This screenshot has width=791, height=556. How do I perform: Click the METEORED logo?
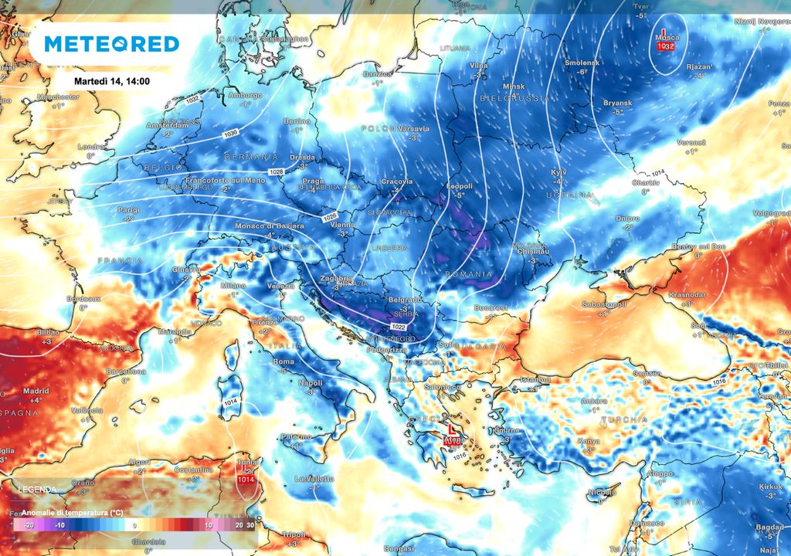tap(112, 44)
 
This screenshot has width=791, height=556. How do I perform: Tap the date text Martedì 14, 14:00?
tap(112, 80)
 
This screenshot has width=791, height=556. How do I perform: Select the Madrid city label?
tap(36, 390)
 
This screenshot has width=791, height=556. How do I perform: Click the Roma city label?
tap(283, 361)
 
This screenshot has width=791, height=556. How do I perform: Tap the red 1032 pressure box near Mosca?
tap(666, 46)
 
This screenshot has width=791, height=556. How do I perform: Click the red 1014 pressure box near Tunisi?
tap(246, 480)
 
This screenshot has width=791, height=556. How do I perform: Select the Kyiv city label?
tap(558, 171)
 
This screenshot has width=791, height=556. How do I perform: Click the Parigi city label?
tap(128, 210)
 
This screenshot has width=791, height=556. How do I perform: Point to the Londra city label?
tap(91, 147)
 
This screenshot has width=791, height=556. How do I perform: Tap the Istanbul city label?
tap(535, 380)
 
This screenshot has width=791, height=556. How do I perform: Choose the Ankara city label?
tap(594, 401)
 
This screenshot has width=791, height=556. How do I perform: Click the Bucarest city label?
tap(491, 307)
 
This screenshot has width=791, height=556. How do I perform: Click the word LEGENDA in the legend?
tap(37, 490)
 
